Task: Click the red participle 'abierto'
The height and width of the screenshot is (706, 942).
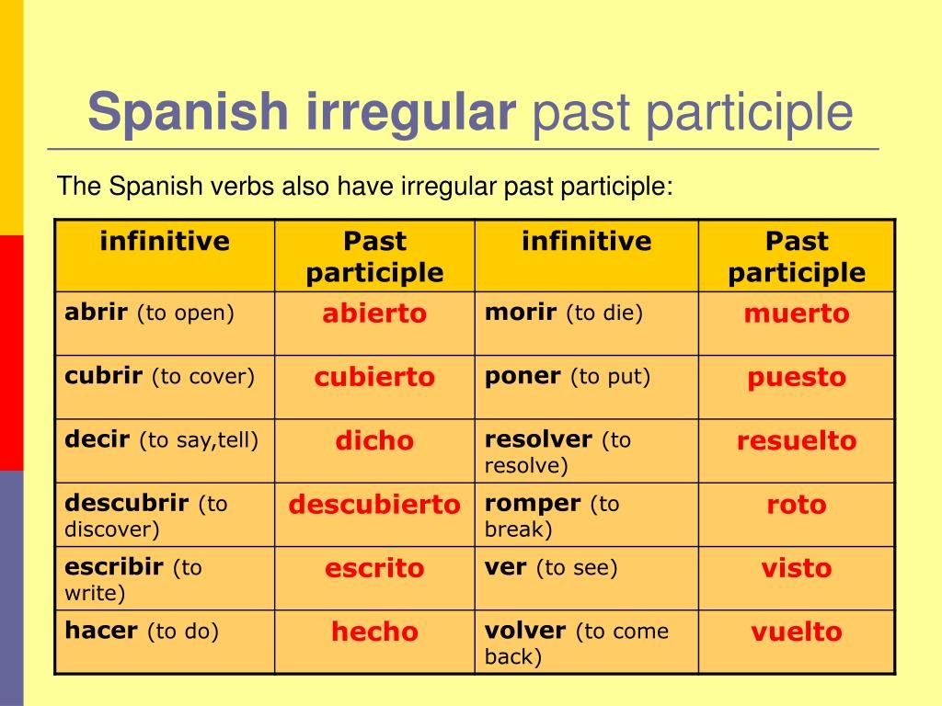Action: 374,313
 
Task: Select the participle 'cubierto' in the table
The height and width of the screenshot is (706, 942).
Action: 374,377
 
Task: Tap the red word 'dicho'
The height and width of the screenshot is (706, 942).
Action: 374,440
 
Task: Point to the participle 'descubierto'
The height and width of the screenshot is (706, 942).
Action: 374,504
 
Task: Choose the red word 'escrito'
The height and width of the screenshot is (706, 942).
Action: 374,568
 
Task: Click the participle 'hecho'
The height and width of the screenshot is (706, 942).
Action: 374,632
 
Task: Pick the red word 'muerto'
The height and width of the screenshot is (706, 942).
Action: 797,313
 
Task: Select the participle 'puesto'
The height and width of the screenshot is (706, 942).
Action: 797,377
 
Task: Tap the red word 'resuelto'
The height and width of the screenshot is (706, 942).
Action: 797,440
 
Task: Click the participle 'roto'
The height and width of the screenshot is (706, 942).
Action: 797,504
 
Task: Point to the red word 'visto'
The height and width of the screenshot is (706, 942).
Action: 797,568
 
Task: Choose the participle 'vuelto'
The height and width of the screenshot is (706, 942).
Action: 797,632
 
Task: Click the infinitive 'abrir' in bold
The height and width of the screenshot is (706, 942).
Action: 96,313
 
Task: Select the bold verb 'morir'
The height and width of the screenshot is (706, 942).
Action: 520,313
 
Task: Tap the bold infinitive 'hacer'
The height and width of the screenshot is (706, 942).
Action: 101,631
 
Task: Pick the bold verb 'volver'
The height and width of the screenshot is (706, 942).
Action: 525,631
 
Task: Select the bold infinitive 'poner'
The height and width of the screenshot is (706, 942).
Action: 523,376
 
